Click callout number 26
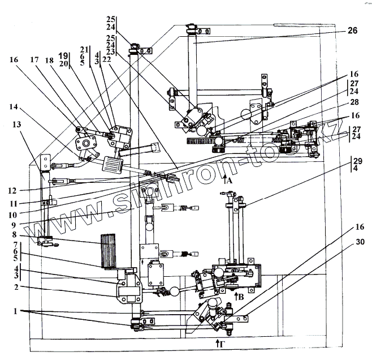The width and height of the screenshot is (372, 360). (352, 32)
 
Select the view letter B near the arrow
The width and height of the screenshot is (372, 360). (242, 295)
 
